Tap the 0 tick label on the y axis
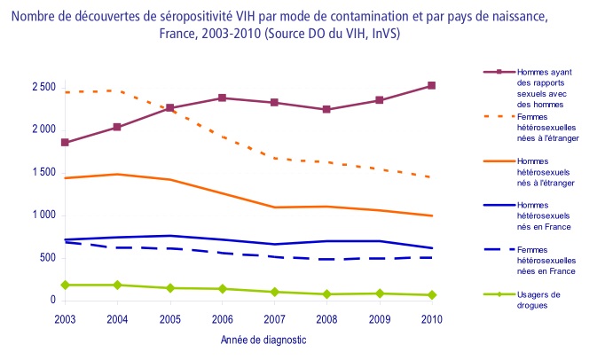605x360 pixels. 52,301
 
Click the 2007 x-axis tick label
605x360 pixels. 275,318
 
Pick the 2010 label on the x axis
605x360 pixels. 431,318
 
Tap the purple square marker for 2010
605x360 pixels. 431,86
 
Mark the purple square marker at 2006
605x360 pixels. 223,98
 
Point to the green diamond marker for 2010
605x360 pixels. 431,295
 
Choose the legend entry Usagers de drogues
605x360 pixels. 543,299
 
